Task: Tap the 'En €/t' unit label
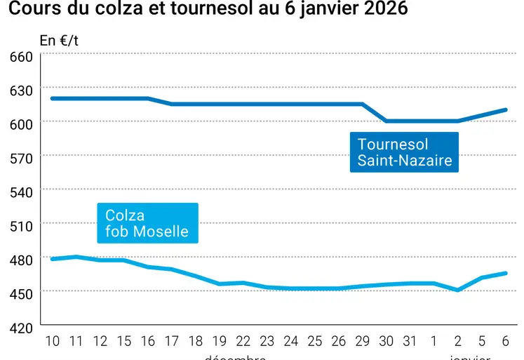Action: [x=59, y=40]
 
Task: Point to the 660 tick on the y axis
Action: [x=22, y=55]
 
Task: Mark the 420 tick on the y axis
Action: [x=22, y=327]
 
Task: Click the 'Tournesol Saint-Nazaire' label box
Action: [x=403, y=152]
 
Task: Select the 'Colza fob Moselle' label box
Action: [x=147, y=223]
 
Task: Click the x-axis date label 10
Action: [x=53, y=341]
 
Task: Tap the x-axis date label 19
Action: [x=220, y=341]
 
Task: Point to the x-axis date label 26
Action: [x=339, y=341]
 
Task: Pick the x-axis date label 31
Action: [x=410, y=341]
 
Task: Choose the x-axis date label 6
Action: [x=506, y=341]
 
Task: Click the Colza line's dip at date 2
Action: [x=458, y=290]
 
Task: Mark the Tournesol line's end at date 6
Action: [x=506, y=109]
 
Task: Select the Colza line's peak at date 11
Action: [x=76, y=257]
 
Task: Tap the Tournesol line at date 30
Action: [x=387, y=121]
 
